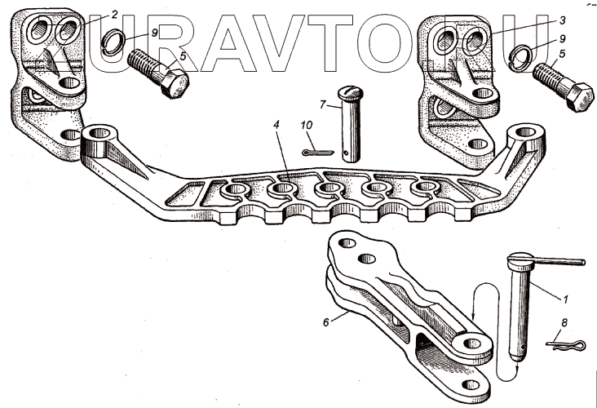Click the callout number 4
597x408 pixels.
coord(276,124)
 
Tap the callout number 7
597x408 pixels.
coord(323,104)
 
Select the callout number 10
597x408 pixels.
coord(307,125)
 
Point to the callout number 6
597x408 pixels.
coord(326,322)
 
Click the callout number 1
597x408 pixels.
coord(565,299)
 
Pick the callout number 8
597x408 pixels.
coord(564,322)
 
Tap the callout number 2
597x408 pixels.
coord(114,15)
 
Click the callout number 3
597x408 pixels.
coord(562,20)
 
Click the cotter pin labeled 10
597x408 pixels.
coord(318,153)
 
